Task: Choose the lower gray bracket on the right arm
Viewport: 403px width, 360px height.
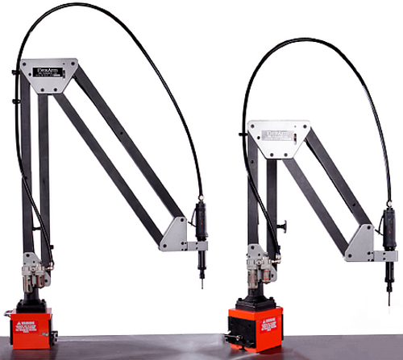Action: pos(364,245)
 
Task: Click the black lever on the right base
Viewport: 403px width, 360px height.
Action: pos(236,333)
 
